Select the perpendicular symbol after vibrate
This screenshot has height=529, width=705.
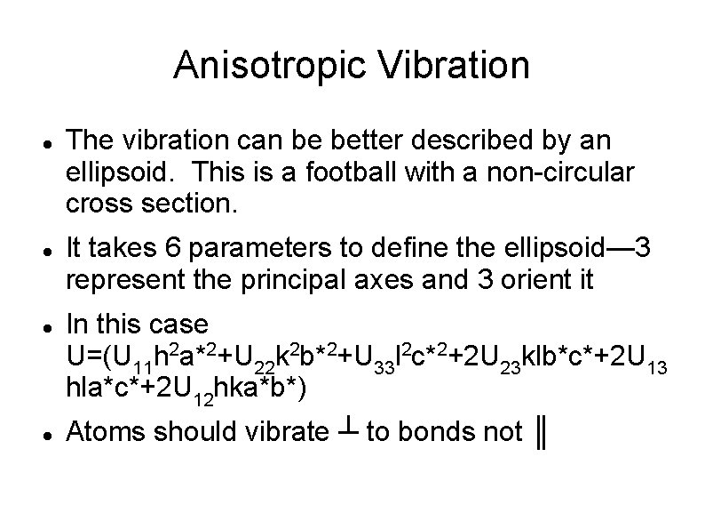pos(346,430)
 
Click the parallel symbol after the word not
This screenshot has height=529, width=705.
pos(539,434)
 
